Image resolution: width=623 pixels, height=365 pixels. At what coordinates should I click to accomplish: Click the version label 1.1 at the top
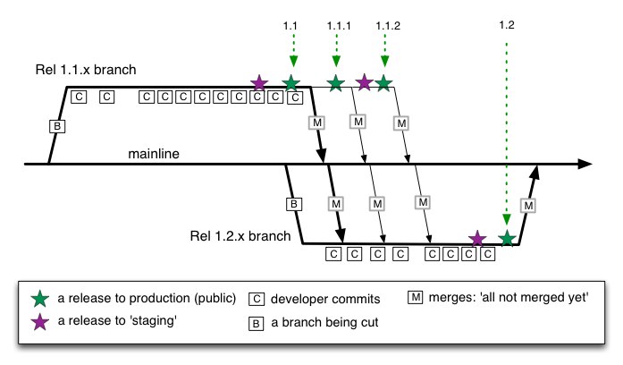click(x=289, y=26)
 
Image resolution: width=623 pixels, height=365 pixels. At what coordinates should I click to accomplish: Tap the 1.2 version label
click(x=507, y=26)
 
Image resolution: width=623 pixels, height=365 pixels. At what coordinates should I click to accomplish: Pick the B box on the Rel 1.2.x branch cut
click(x=293, y=204)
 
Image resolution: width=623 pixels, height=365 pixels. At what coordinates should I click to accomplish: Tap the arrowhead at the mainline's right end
click(x=585, y=165)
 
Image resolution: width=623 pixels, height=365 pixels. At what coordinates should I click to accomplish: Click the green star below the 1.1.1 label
click(x=335, y=83)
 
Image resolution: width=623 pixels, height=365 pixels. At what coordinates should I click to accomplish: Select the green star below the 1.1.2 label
click(x=383, y=83)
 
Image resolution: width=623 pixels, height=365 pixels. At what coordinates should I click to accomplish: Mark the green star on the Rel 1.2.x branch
click(x=507, y=238)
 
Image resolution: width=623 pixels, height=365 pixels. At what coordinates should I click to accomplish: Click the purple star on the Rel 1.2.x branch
click(x=477, y=238)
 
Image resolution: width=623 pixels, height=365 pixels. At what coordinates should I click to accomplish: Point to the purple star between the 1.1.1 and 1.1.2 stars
click(x=364, y=83)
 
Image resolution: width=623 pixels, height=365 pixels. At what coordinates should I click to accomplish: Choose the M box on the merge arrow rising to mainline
click(x=528, y=206)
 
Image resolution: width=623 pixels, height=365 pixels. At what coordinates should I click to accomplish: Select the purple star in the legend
click(x=38, y=323)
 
